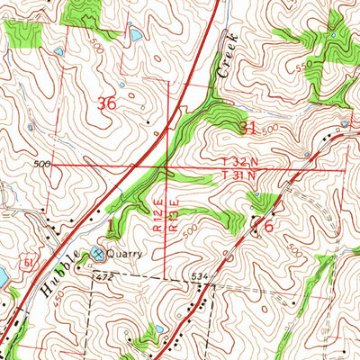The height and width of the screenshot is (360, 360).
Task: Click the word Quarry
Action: (x=125, y=254)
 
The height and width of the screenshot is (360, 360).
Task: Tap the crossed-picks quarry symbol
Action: (x=97, y=255)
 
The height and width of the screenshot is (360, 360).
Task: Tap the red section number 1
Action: (x=111, y=225)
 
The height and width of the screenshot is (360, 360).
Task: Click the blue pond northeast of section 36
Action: (x=135, y=35)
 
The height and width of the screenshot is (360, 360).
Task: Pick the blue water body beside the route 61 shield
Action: (x=3, y=277)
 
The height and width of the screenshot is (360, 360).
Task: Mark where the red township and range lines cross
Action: (x=167, y=166)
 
